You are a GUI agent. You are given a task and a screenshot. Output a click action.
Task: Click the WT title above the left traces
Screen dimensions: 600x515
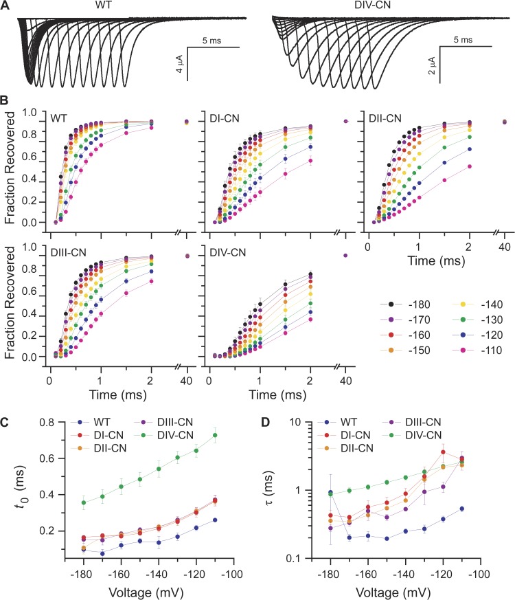pos(100,6)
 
